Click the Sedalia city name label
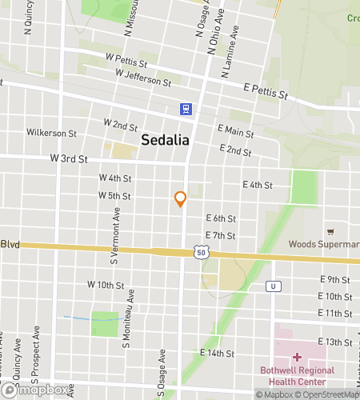pos(165,140)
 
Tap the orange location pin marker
pos(181,199)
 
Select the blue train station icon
pos(186,109)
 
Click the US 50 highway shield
pos(199,252)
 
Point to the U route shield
pos(274,286)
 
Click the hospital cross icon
pos(296,357)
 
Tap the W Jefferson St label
pos(143,78)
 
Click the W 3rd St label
pos(68,158)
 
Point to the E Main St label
pos(235,132)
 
